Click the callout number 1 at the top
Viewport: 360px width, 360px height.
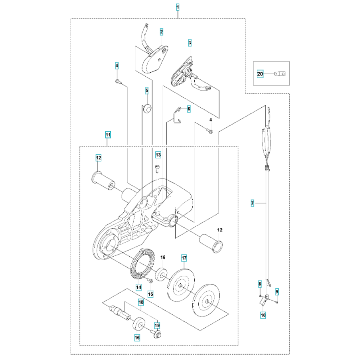pyautogui.click(x=178, y=7)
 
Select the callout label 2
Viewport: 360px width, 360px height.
pyautogui.click(x=162, y=32)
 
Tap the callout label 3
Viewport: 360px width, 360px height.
pyautogui.click(x=190, y=43)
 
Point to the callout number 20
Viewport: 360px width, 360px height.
pyautogui.click(x=260, y=74)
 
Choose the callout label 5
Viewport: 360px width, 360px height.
pyautogui.click(x=147, y=91)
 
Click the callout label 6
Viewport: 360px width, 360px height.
pyautogui.click(x=189, y=108)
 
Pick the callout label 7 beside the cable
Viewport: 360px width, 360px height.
pyautogui.click(x=252, y=204)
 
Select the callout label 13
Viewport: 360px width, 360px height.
pyautogui.click(x=158, y=155)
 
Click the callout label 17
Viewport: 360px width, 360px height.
pyautogui.click(x=184, y=258)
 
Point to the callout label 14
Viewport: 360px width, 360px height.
pyautogui.click(x=139, y=287)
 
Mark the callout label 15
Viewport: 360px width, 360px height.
pyautogui.click(x=150, y=294)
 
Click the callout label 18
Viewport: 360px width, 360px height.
pyautogui.click(x=141, y=303)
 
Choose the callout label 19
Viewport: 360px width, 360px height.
pyautogui.click(x=157, y=326)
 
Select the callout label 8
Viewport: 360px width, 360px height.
pyautogui.click(x=260, y=284)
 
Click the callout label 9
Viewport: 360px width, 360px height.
pyautogui.click(x=277, y=291)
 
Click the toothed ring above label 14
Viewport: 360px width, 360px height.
pyautogui.click(x=141, y=265)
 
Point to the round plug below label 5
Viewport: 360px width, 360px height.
pyautogui.click(x=147, y=108)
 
